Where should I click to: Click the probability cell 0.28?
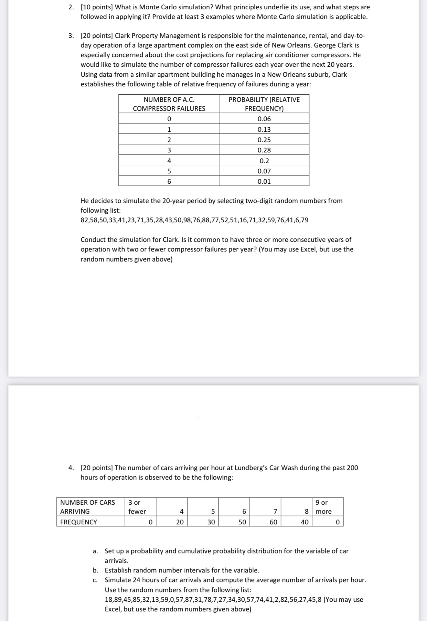pyautogui.click(x=264, y=150)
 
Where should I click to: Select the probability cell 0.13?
pyautogui.click(x=264, y=129)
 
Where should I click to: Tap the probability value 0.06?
pyautogui.click(x=264, y=119)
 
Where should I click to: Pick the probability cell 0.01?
pyautogui.click(x=264, y=181)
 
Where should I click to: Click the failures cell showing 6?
pyautogui.click(x=169, y=181)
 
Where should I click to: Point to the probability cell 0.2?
pyautogui.click(x=264, y=161)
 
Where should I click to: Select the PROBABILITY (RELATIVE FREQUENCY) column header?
pyautogui.click(x=264, y=104)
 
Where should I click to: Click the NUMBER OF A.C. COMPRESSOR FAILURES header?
pyautogui.click(x=169, y=104)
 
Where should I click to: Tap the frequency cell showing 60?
pyautogui.click(x=273, y=522)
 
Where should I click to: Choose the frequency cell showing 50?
pyautogui.click(x=242, y=522)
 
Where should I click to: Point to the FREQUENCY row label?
pyautogui.click(x=78, y=522)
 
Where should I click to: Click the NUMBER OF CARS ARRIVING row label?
pyautogui.click(x=87, y=507)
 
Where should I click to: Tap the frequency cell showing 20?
pyautogui.click(x=180, y=522)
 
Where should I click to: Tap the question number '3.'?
pyautogui.click(x=71, y=36)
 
